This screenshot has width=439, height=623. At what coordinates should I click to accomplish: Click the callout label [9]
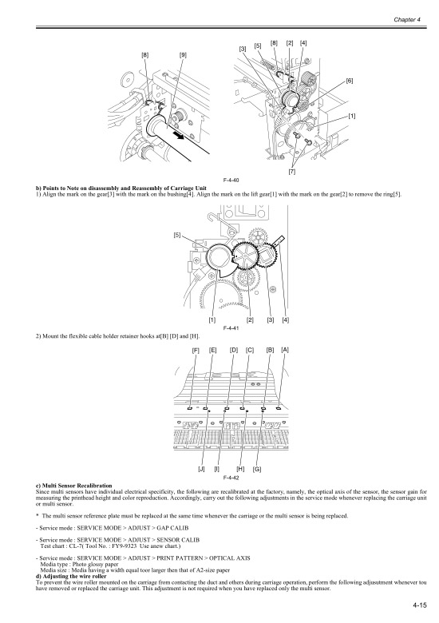point(184,55)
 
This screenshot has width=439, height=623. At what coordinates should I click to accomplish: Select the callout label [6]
point(350,81)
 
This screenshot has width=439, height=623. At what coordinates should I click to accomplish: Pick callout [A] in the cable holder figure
point(285,350)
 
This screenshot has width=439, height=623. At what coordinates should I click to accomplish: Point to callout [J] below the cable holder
point(201,469)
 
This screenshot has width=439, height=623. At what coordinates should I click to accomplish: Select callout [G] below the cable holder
point(257,469)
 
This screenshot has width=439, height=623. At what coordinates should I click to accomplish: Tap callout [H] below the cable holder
point(241,469)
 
